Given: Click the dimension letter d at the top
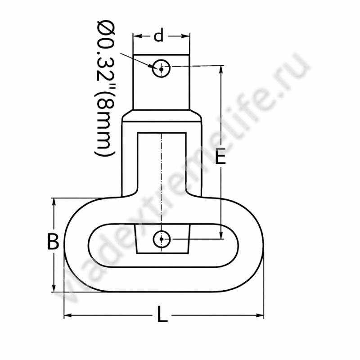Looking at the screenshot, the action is click(x=159, y=35).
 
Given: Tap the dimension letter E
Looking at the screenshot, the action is click(x=220, y=156).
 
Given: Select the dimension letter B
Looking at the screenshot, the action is click(x=53, y=241).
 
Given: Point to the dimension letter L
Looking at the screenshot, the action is click(x=162, y=314).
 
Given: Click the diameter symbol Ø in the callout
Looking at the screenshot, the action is click(x=106, y=27).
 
